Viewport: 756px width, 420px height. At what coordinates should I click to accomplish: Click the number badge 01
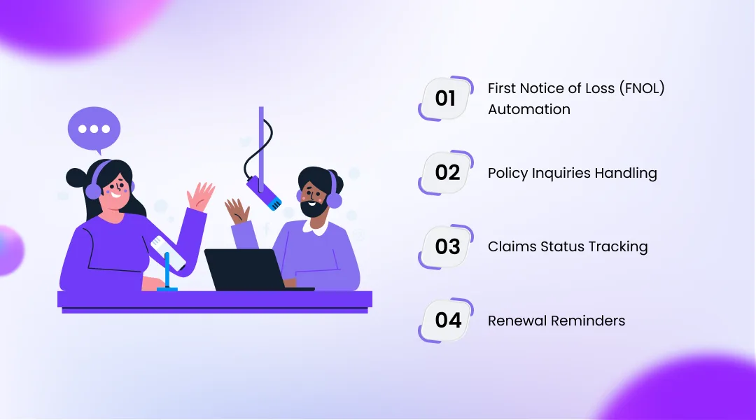click(445, 98)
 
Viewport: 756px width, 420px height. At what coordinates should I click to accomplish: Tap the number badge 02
click(447, 172)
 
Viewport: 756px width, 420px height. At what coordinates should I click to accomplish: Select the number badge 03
click(447, 246)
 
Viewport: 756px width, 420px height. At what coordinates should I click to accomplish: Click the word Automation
click(528, 110)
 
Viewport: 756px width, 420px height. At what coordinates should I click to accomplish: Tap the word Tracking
click(617, 247)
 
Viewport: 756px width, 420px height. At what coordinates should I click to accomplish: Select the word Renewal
click(517, 321)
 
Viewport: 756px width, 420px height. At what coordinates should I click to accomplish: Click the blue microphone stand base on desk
click(167, 288)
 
